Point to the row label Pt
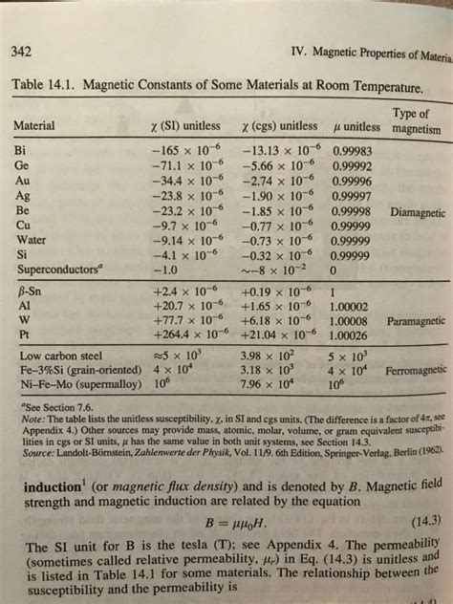23,335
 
